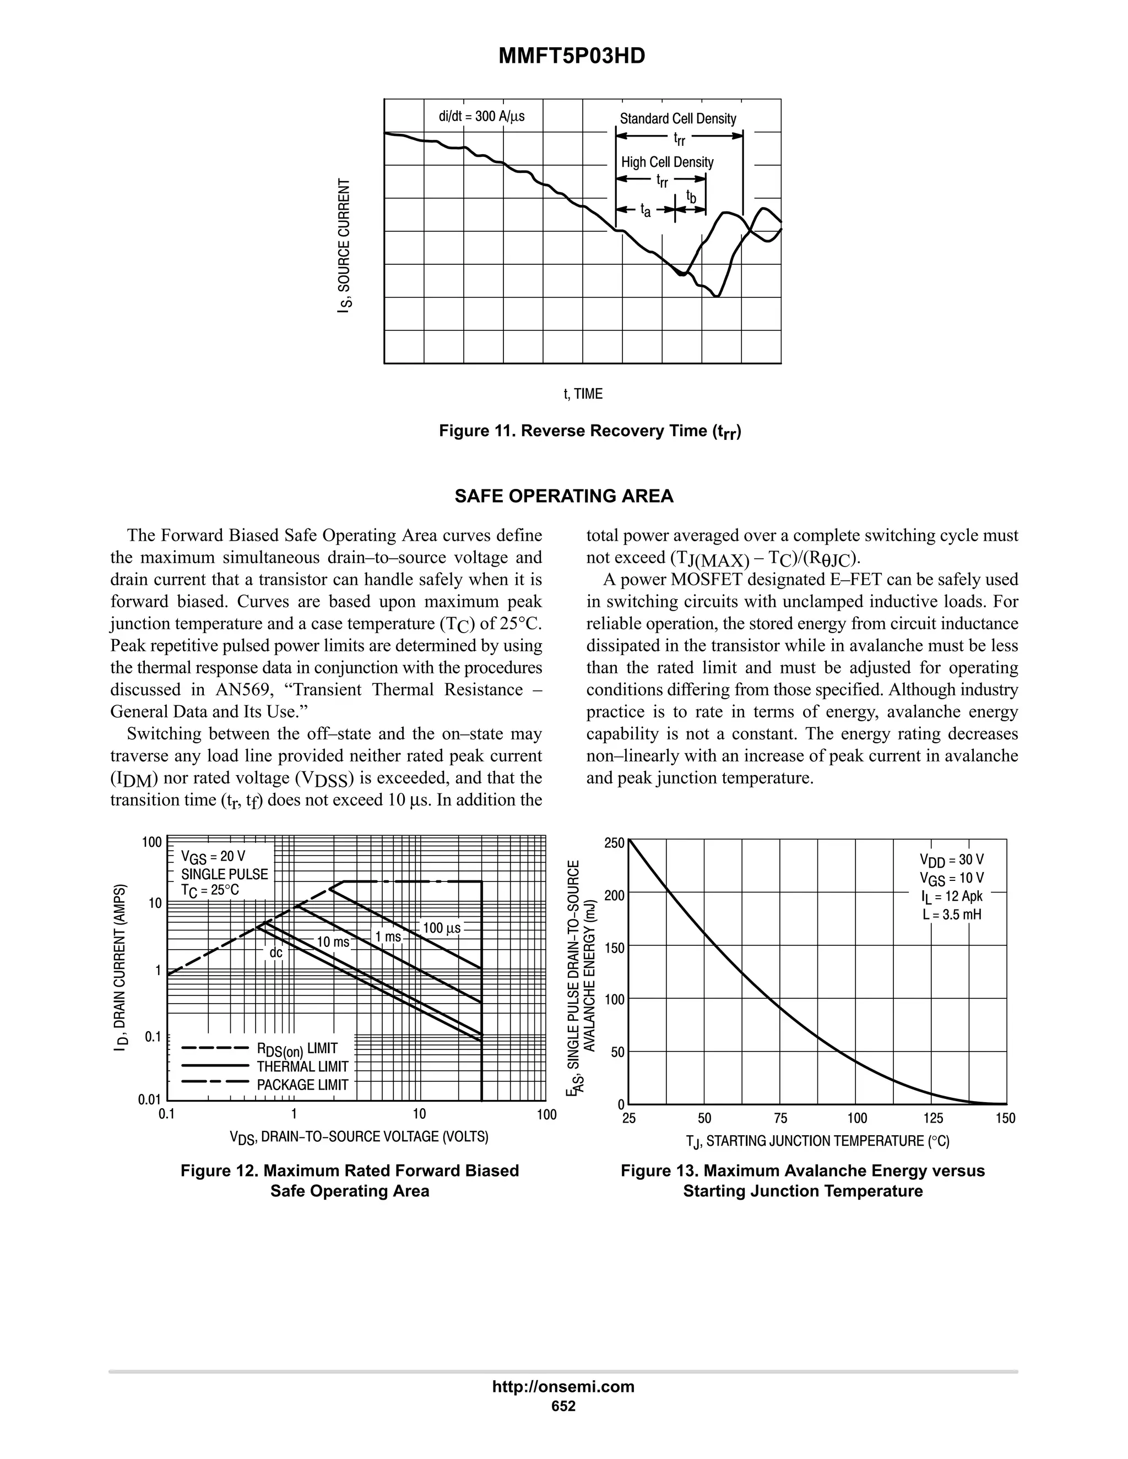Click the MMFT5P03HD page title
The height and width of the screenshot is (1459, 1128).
click(572, 56)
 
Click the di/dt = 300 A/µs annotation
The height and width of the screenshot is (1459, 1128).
click(481, 116)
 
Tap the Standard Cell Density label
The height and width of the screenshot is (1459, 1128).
click(677, 119)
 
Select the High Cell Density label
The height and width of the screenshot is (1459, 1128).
click(667, 162)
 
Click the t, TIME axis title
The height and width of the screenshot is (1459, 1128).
click(583, 394)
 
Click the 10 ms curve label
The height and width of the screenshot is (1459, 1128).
click(333, 942)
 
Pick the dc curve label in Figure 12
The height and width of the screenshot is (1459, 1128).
click(275, 953)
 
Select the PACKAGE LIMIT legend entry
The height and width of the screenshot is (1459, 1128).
click(302, 1085)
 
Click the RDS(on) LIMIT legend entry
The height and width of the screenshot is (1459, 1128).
click(297, 1049)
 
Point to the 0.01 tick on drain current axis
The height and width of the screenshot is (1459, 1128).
click(150, 1099)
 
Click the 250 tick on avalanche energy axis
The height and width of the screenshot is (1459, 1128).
click(614, 843)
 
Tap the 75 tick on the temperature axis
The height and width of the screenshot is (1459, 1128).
click(780, 1118)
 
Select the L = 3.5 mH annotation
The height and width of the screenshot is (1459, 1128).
click(952, 914)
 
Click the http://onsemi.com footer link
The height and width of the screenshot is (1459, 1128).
click(563, 1386)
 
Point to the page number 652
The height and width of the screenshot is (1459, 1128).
click(563, 1406)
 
